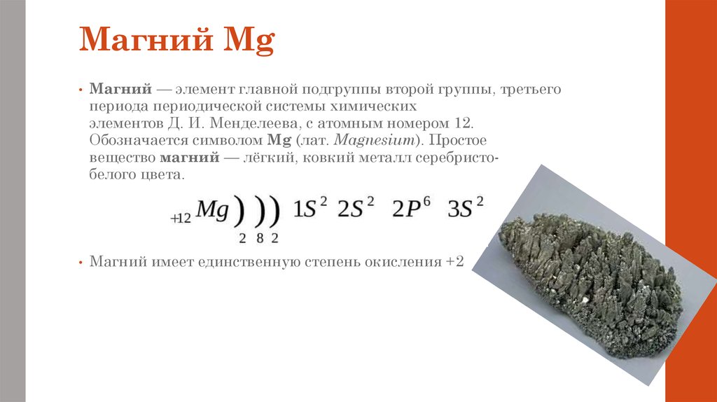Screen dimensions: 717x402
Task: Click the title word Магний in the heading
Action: point(146,39)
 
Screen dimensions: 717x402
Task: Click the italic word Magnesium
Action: point(374,141)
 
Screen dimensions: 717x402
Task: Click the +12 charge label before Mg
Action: point(181,219)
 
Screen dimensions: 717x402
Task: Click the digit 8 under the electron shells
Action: point(260,238)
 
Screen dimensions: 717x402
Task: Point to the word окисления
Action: point(403,262)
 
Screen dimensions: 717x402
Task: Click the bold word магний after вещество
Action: point(189,158)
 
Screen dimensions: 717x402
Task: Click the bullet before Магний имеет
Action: point(81,263)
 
